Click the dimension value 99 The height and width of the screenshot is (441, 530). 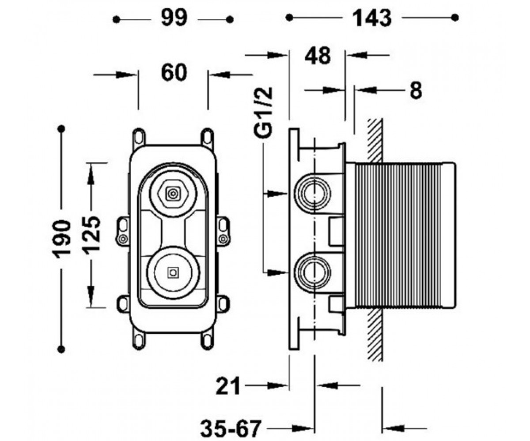point(174,18)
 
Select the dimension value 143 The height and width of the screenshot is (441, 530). point(372,18)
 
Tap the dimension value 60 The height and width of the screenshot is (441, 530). point(174,73)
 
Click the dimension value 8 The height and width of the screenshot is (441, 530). point(416,90)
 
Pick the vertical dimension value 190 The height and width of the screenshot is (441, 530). point(61,239)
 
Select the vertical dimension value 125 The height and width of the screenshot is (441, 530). point(92,235)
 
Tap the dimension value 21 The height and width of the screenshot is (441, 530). point(228,386)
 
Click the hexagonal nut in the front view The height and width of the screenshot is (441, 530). point(173,194)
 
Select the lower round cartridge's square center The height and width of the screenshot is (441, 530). point(174,273)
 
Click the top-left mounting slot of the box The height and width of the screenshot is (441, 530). point(139,137)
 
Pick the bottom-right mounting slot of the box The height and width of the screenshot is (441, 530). point(208,341)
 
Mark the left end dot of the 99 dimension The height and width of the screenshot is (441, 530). point(116,19)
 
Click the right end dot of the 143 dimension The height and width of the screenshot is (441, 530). point(455,18)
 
